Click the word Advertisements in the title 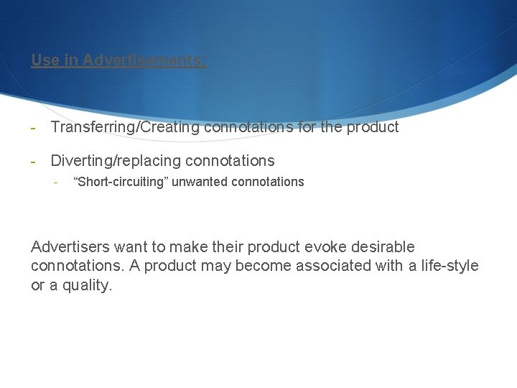(x=144, y=60)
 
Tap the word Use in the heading (x=45, y=60)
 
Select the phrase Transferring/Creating (x=126, y=127)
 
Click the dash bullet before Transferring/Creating (x=33, y=127)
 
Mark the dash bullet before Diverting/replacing (x=33, y=160)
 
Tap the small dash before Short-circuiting (x=55, y=182)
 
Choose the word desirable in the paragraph (x=381, y=247)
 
